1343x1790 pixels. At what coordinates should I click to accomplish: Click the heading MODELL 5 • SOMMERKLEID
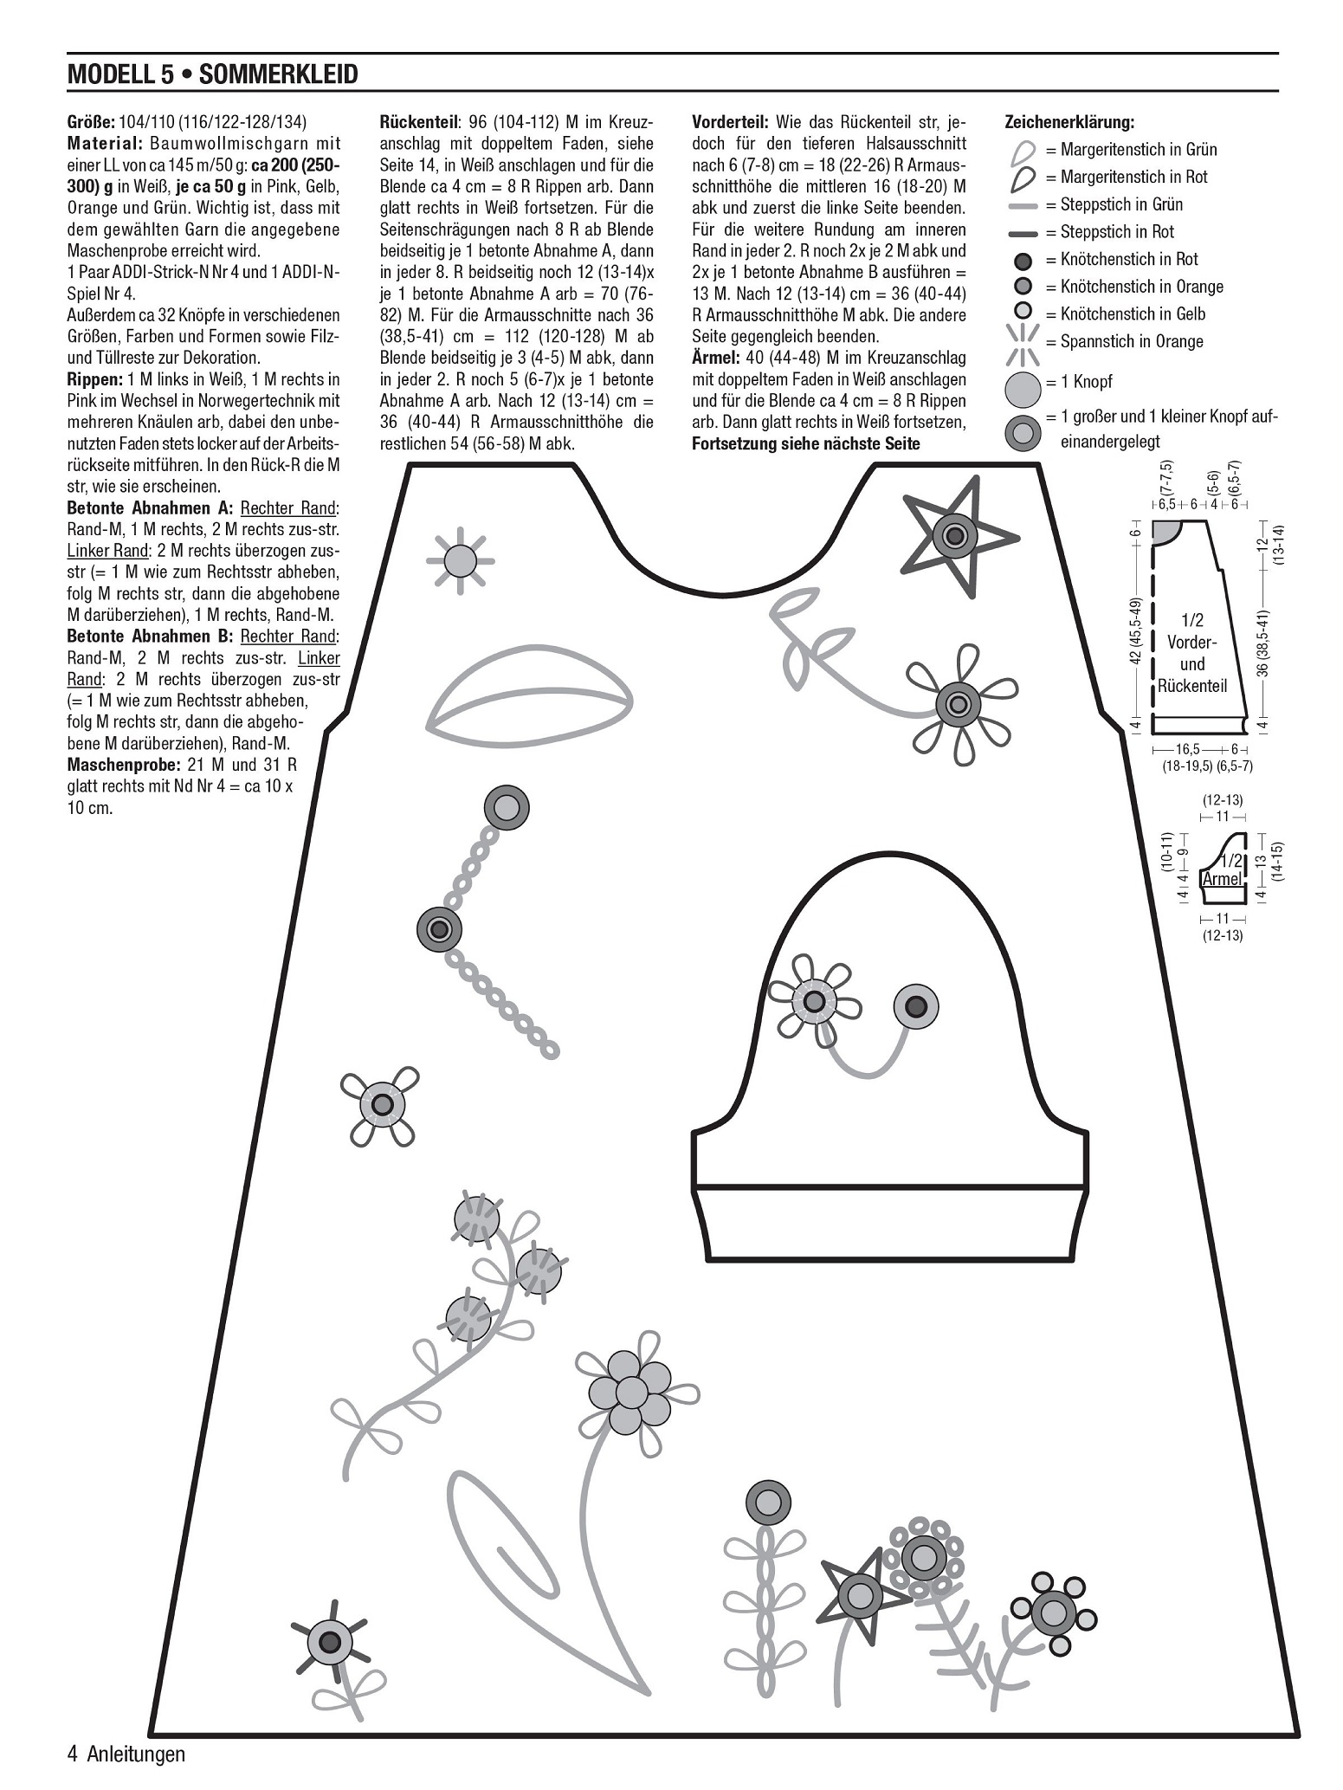click(x=212, y=74)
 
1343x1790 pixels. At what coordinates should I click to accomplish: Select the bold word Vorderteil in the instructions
click(x=729, y=123)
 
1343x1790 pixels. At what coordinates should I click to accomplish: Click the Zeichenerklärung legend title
click(x=1069, y=123)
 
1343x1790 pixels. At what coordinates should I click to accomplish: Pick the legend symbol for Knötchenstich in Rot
click(x=1023, y=260)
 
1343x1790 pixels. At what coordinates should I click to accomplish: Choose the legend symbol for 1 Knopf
click(x=1023, y=389)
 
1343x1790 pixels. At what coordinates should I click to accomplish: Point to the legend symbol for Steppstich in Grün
click(x=1023, y=205)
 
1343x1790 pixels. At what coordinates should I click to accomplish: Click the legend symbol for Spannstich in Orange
click(x=1023, y=343)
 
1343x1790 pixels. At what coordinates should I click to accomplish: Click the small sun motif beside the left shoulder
click(x=460, y=560)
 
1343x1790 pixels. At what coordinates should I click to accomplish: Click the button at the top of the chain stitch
click(x=506, y=808)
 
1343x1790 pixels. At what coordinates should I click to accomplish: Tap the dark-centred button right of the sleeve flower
click(x=916, y=1006)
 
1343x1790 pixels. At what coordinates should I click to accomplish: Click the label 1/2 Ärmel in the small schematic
click(x=1224, y=869)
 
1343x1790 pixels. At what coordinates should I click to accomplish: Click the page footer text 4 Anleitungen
click(x=126, y=1754)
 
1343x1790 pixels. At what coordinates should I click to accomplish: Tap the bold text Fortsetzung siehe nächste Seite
click(x=805, y=443)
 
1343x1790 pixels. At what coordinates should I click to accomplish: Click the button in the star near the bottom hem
click(x=860, y=1592)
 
